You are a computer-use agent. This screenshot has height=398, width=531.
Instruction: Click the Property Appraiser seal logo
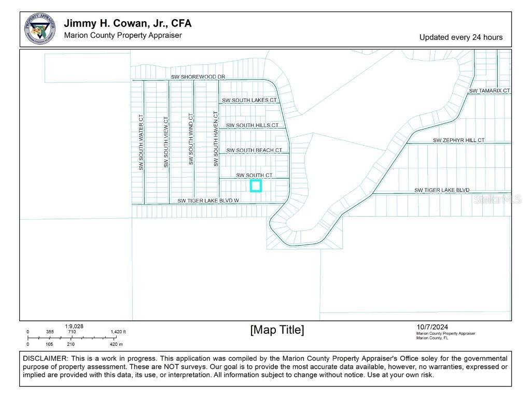coord(40,29)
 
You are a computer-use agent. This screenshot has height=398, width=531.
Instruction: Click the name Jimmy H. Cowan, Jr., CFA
coord(128,23)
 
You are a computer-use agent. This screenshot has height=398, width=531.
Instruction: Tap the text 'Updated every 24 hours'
coord(460,37)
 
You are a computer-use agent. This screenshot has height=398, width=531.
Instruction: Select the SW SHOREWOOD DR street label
coord(198,77)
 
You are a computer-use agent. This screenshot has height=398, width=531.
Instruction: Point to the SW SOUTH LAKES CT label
coord(249,100)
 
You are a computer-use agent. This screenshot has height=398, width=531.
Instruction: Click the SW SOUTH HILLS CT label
coord(252,125)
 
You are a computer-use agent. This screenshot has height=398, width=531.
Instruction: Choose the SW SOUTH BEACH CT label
coord(254,150)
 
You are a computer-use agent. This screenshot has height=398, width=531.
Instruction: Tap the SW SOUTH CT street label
coord(254,176)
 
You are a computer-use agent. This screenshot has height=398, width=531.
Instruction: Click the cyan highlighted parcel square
coord(256,186)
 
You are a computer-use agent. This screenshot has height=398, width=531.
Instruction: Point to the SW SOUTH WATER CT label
coord(141,143)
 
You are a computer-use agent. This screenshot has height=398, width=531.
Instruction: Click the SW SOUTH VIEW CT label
coord(166,142)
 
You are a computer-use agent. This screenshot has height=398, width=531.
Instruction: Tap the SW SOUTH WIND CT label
coord(191,139)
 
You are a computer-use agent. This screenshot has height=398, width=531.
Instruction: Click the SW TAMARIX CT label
coord(490,91)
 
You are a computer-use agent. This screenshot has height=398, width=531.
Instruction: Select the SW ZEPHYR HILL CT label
coord(459,140)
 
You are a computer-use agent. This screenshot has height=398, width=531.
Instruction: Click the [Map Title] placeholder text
coord(277,330)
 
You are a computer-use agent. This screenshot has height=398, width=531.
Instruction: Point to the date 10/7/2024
coord(432,327)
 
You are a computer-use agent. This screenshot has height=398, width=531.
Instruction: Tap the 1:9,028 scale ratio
coord(74,326)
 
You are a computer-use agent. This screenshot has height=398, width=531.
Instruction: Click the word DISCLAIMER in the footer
coord(45,359)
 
